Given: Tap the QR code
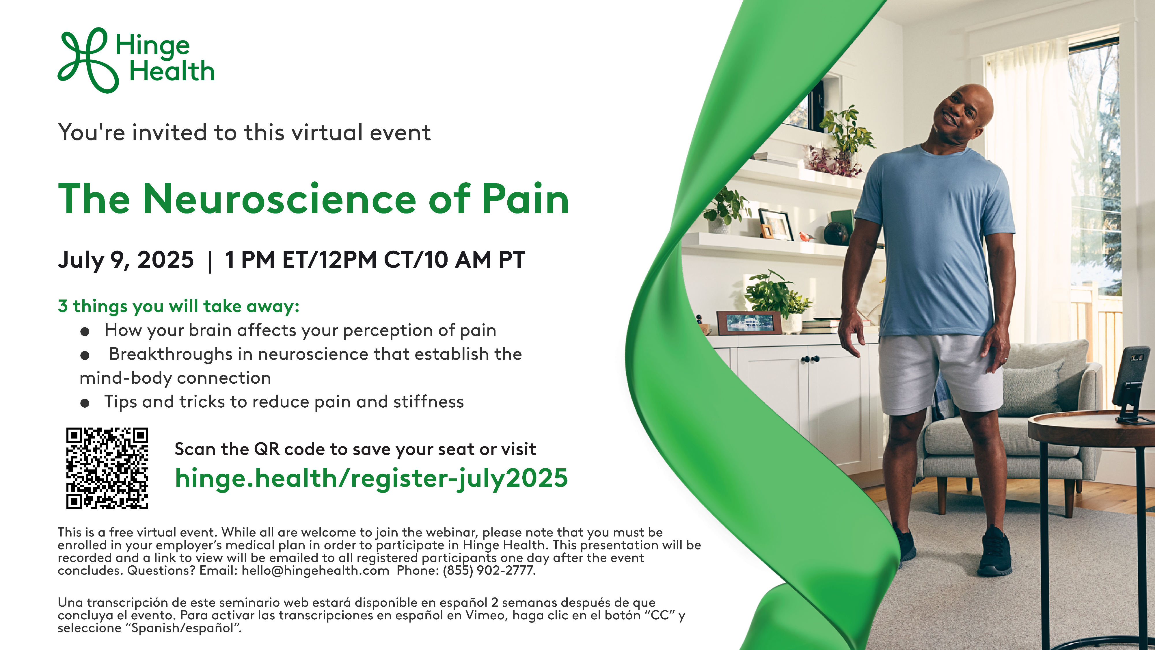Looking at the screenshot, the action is point(107,468).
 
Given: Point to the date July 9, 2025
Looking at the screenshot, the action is point(126,260).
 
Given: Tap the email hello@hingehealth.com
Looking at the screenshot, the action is point(315,571).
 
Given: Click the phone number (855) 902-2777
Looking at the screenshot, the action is point(489,571).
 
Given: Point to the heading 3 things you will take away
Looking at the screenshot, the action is point(178,307).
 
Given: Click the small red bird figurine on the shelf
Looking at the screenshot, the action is point(806,236).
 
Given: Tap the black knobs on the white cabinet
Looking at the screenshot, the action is point(811,359).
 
